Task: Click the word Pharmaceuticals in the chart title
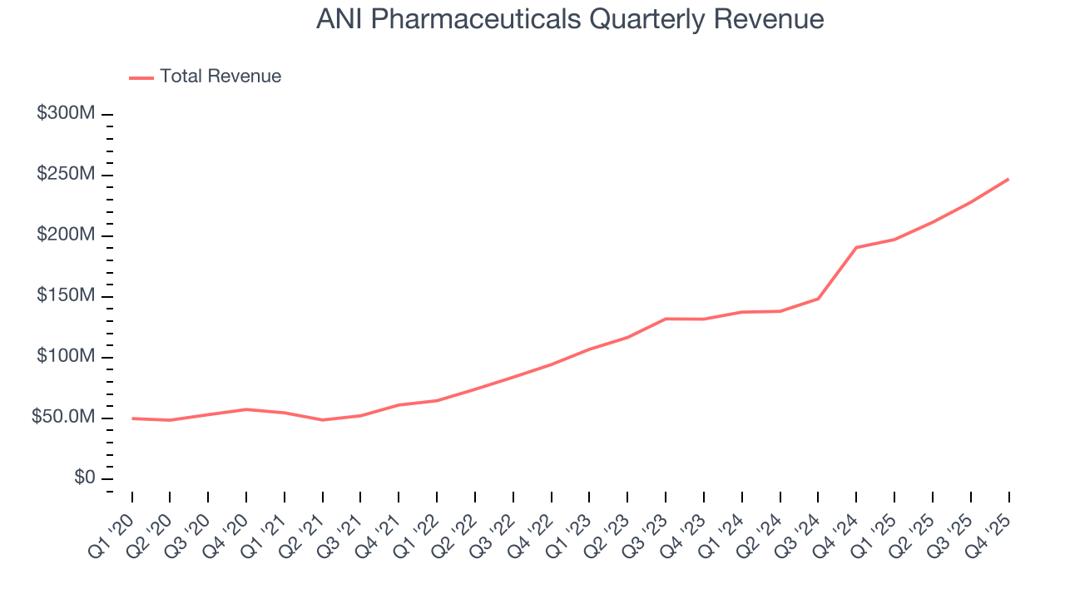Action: (478, 19)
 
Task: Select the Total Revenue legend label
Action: (220, 77)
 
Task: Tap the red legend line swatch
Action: (141, 77)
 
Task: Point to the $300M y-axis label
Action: (65, 114)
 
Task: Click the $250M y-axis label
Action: (65, 175)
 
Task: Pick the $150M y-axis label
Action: (65, 296)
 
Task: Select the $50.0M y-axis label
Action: (62, 418)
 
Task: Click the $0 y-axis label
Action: (84, 478)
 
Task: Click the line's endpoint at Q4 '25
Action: (1008, 179)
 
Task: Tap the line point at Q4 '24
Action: (856, 247)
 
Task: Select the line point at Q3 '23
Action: (666, 319)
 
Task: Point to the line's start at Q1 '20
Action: (132, 418)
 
